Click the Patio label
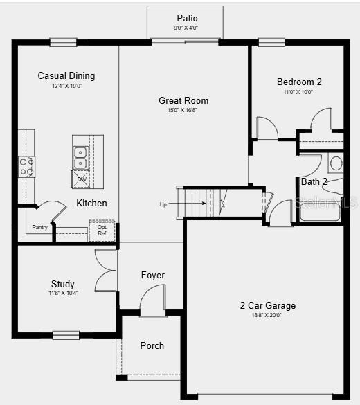(187, 18)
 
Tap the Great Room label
(183, 100)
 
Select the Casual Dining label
(66, 76)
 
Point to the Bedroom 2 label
(299, 82)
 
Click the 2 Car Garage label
(267, 305)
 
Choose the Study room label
(63, 284)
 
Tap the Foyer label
(153, 275)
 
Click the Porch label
(152, 345)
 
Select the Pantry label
(40, 227)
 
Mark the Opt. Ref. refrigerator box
(102, 231)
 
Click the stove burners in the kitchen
(26, 167)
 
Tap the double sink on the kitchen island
(80, 157)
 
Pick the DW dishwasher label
(82, 179)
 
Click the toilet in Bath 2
(336, 164)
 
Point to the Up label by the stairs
(163, 204)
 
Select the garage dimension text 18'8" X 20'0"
(267, 315)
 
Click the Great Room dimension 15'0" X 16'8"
(183, 110)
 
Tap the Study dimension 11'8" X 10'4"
(63, 293)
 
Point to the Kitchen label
(91, 203)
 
